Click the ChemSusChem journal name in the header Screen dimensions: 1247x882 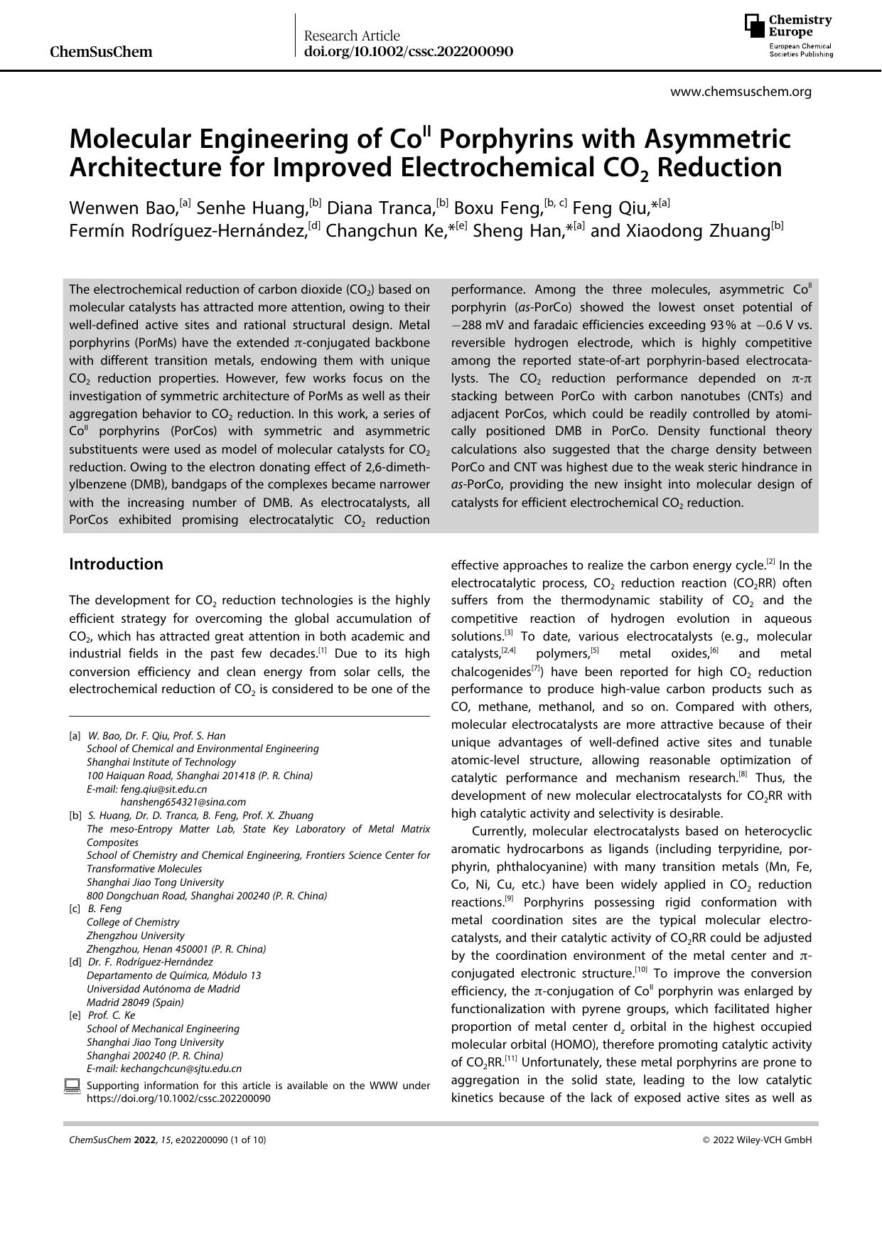point(102,51)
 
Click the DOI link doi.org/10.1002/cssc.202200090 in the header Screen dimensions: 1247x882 point(408,52)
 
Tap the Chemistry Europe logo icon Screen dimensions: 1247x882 point(755,26)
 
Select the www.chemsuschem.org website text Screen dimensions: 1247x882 point(741,92)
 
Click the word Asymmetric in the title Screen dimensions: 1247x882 point(716,139)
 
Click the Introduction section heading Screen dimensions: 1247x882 point(116,564)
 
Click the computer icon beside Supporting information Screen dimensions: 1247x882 point(72,1086)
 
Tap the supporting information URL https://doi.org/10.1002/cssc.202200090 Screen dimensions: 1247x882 point(178,1098)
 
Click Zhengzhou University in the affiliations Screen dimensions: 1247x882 point(135,936)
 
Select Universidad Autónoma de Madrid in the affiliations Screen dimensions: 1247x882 point(163,989)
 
